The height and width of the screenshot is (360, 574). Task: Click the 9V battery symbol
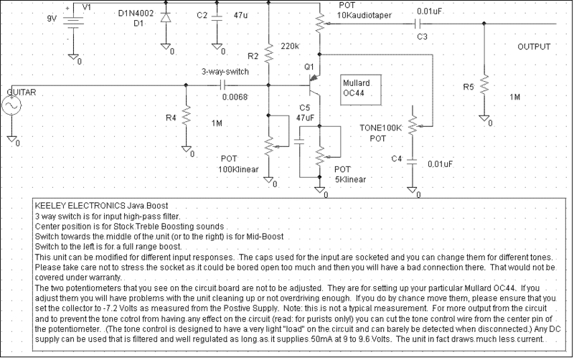[x=74, y=21]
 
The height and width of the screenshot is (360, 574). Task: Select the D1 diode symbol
[x=166, y=17]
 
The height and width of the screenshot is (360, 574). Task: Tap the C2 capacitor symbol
[x=217, y=18]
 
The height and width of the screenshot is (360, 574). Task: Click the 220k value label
[x=291, y=46]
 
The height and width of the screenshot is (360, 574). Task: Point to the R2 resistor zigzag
[x=268, y=53]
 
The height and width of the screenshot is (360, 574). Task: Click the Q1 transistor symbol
[x=314, y=85]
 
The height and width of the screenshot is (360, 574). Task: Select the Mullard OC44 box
[x=361, y=90]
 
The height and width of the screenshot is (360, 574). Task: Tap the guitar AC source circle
[x=11, y=105]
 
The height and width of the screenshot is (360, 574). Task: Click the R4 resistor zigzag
[x=186, y=115]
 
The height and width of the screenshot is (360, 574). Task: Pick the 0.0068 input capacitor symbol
[x=222, y=85]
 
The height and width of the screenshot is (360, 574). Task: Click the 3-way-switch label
[x=225, y=72]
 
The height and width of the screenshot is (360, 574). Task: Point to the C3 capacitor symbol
[x=417, y=24]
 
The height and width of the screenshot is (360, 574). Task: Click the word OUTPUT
[x=534, y=47]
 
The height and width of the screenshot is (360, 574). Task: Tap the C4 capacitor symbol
[x=412, y=162]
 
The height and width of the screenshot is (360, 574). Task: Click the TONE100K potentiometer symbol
[x=413, y=124]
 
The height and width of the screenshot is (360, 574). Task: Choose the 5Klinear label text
[x=350, y=179]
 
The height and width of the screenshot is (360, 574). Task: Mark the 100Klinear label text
[x=238, y=169]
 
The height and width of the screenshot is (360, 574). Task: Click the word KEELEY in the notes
[x=50, y=205]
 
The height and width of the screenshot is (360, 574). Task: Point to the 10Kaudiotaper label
[x=364, y=15]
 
